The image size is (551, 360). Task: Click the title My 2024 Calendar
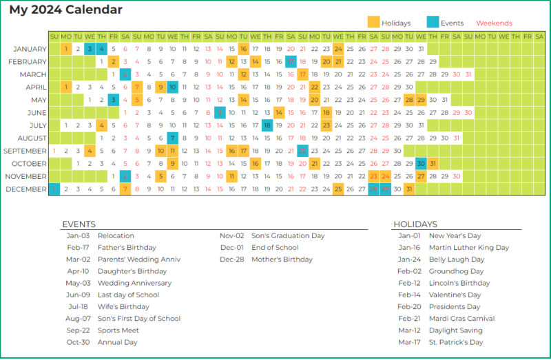(x=66, y=10)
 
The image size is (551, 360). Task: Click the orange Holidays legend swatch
(x=373, y=23)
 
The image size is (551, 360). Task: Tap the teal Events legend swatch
(x=433, y=23)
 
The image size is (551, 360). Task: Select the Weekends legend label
(x=494, y=23)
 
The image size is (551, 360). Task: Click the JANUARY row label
(x=30, y=49)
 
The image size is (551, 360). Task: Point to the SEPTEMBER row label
(x=25, y=151)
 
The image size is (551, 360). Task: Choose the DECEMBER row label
(x=28, y=189)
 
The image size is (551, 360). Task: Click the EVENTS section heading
(x=79, y=224)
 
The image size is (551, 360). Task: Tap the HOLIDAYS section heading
(x=415, y=224)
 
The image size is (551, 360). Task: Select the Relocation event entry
(x=116, y=236)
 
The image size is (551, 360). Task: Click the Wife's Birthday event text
(x=123, y=307)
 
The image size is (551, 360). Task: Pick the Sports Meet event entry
(x=118, y=330)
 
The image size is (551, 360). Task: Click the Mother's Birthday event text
(x=282, y=260)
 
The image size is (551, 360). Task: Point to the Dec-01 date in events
(x=231, y=248)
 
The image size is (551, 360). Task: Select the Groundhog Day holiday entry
(x=456, y=271)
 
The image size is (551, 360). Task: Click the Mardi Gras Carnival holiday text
(x=461, y=319)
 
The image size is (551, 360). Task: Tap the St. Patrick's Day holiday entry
(x=456, y=342)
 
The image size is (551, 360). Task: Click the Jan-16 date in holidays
(x=409, y=248)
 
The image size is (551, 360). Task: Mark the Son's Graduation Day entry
(x=288, y=236)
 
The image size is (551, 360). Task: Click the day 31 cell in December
(x=408, y=189)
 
